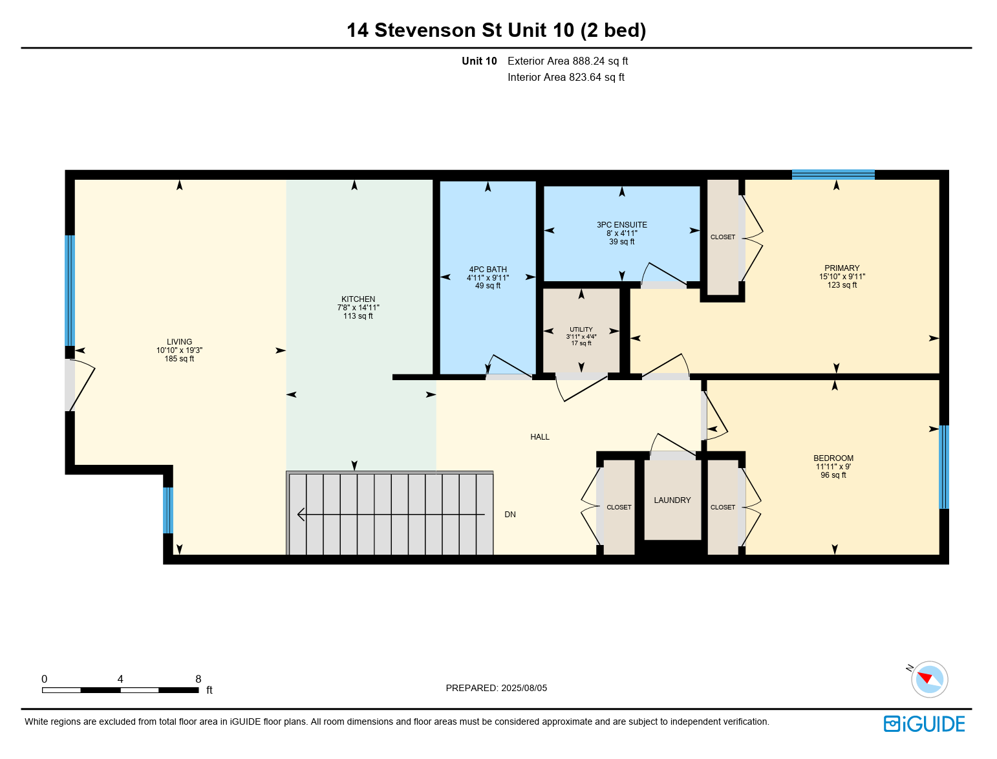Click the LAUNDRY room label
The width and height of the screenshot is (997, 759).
tap(672, 500)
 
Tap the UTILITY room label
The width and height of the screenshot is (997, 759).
tap(581, 329)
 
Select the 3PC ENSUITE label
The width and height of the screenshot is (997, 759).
tap(621, 225)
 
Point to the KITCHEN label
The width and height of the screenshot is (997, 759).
tap(358, 299)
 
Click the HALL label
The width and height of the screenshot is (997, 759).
tap(540, 437)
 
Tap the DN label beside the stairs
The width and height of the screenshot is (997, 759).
tap(509, 515)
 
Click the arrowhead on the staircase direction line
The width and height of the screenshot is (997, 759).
tap(300, 515)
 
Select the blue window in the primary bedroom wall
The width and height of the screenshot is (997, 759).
tap(833, 175)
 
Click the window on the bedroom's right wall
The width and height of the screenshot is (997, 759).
tap(943, 467)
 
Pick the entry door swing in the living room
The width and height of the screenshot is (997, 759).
tap(81, 385)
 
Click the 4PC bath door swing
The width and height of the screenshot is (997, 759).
tap(508, 366)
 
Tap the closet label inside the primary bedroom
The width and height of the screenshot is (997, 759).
tap(723, 237)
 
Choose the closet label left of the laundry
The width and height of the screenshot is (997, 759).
tap(619, 508)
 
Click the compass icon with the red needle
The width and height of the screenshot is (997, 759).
tap(929, 679)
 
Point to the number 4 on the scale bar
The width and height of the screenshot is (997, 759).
tap(120, 679)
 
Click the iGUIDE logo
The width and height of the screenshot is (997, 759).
tap(924, 724)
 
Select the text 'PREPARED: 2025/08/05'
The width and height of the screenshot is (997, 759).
tap(496, 688)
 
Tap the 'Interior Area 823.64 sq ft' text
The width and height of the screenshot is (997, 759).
tap(566, 77)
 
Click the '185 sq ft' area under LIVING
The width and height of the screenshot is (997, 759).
tap(179, 359)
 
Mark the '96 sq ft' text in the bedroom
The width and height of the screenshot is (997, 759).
tap(833, 475)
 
